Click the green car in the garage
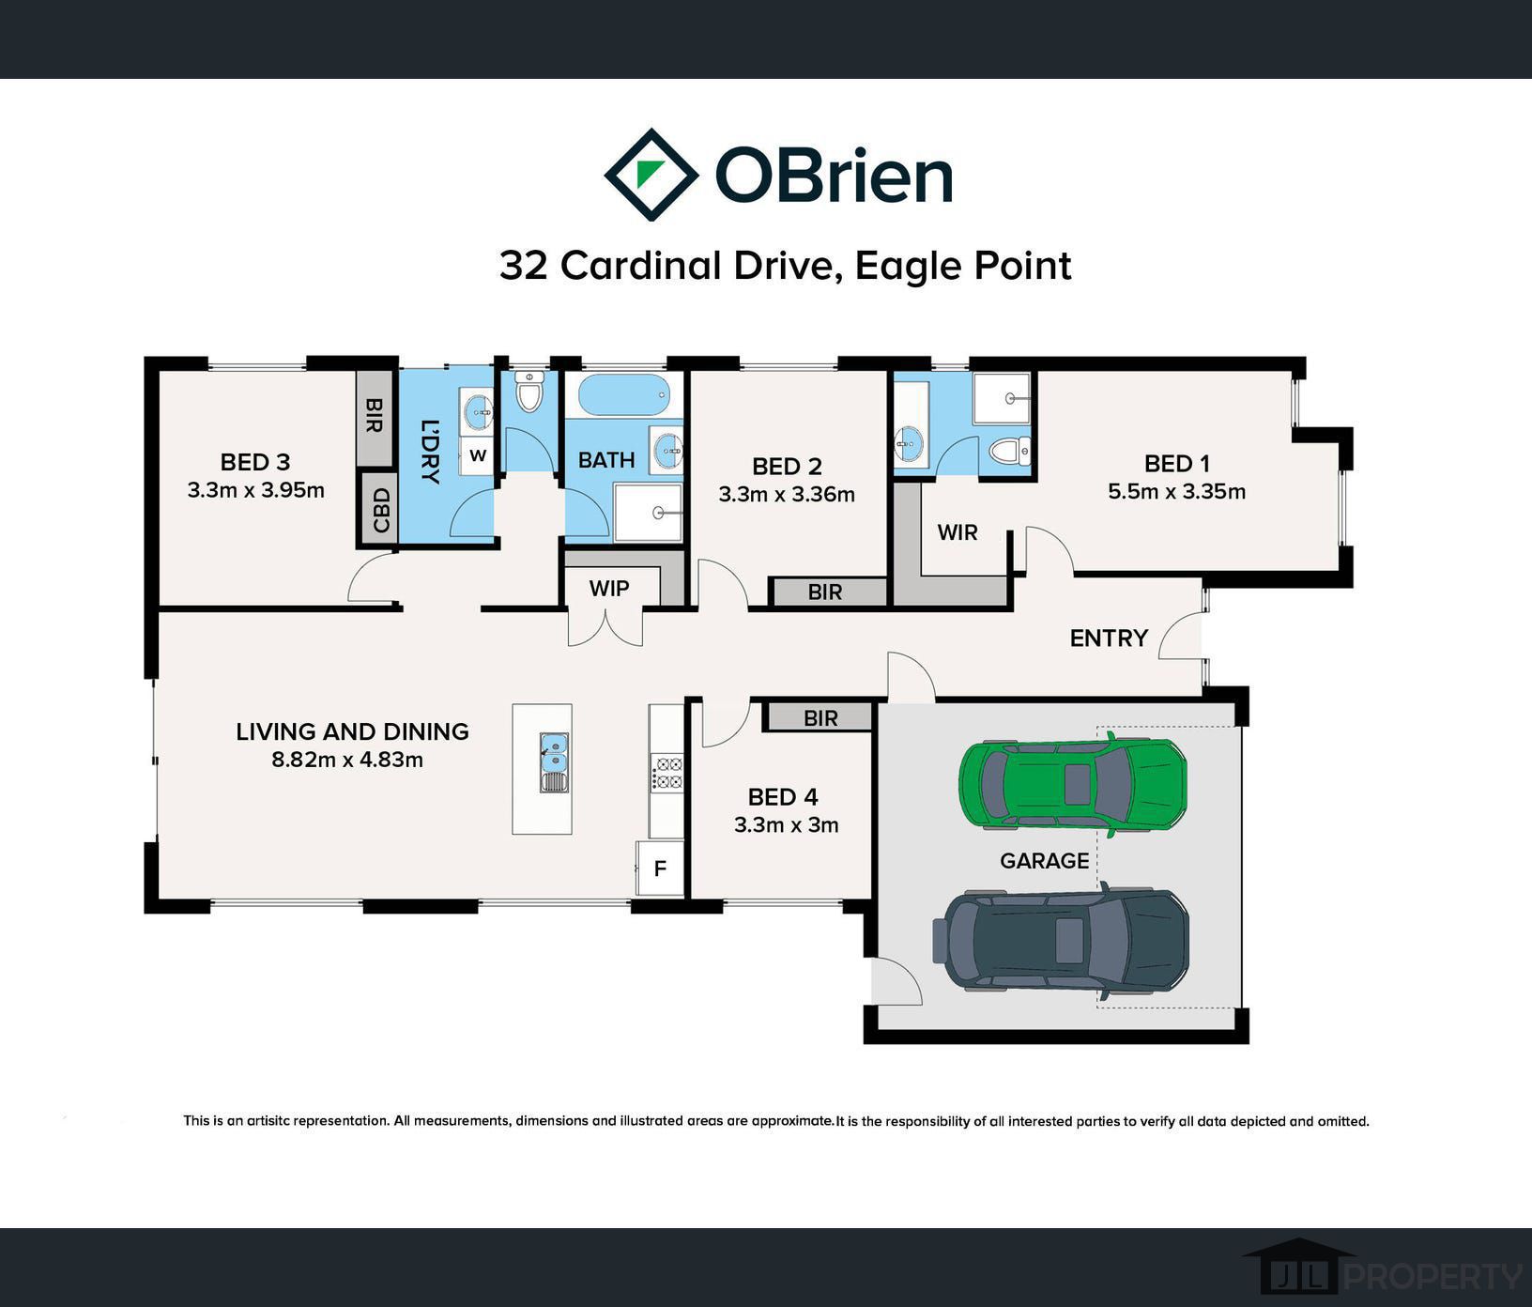(x=1073, y=784)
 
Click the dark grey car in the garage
(x=1061, y=940)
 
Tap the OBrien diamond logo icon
(x=651, y=175)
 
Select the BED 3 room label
(x=255, y=462)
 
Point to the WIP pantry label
(x=609, y=589)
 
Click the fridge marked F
(x=660, y=869)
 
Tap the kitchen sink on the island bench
(x=555, y=762)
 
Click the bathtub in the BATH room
(x=623, y=395)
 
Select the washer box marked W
(x=478, y=456)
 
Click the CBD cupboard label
(x=380, y=510)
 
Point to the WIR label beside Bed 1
(x=957, y=532)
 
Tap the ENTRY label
(x=1109, y=638)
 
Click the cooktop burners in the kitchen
(x=667, y=773)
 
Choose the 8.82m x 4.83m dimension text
(x=347, y=760)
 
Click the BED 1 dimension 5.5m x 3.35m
(x=1176, y=491)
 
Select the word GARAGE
(x=1045, y=861)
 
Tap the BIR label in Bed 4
(x=820, y=718)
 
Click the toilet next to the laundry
(x=529, y=392)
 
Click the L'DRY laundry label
(x=430, y=451)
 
